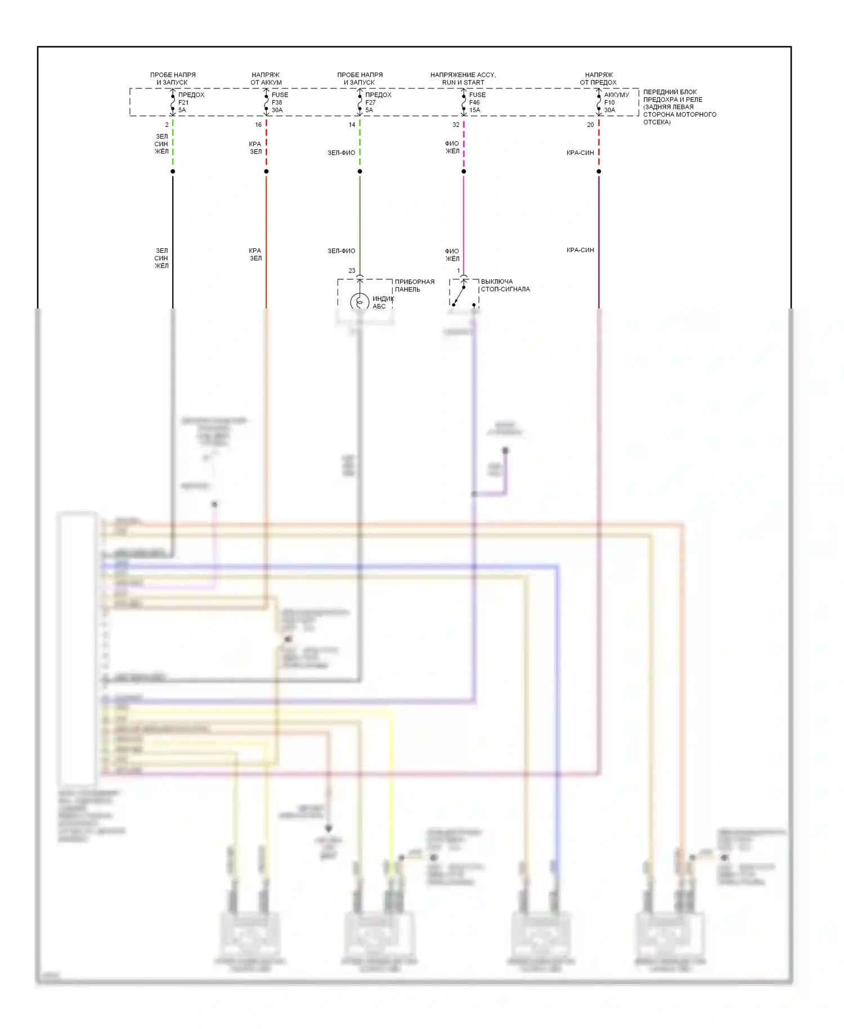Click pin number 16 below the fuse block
click(x=258, y=124)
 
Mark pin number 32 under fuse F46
click(x=456, y=124)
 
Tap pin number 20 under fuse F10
click(x=590, y=124)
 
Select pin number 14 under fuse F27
click(x=352, y=124)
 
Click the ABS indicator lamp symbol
click(x=360, y=302)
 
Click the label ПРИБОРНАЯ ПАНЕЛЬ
click(x=415, y=285)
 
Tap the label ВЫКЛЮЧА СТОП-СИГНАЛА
click(x=505, y=285)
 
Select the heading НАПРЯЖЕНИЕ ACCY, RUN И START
click(x=463, y=78)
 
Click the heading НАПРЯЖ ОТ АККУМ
click(x=266, y=78)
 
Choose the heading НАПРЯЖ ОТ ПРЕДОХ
click(x=599, y=78)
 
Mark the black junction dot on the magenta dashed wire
click(x=464, y=171)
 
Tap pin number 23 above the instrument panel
click(x=352, y=271)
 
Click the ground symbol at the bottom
click(x=329, y=829)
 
